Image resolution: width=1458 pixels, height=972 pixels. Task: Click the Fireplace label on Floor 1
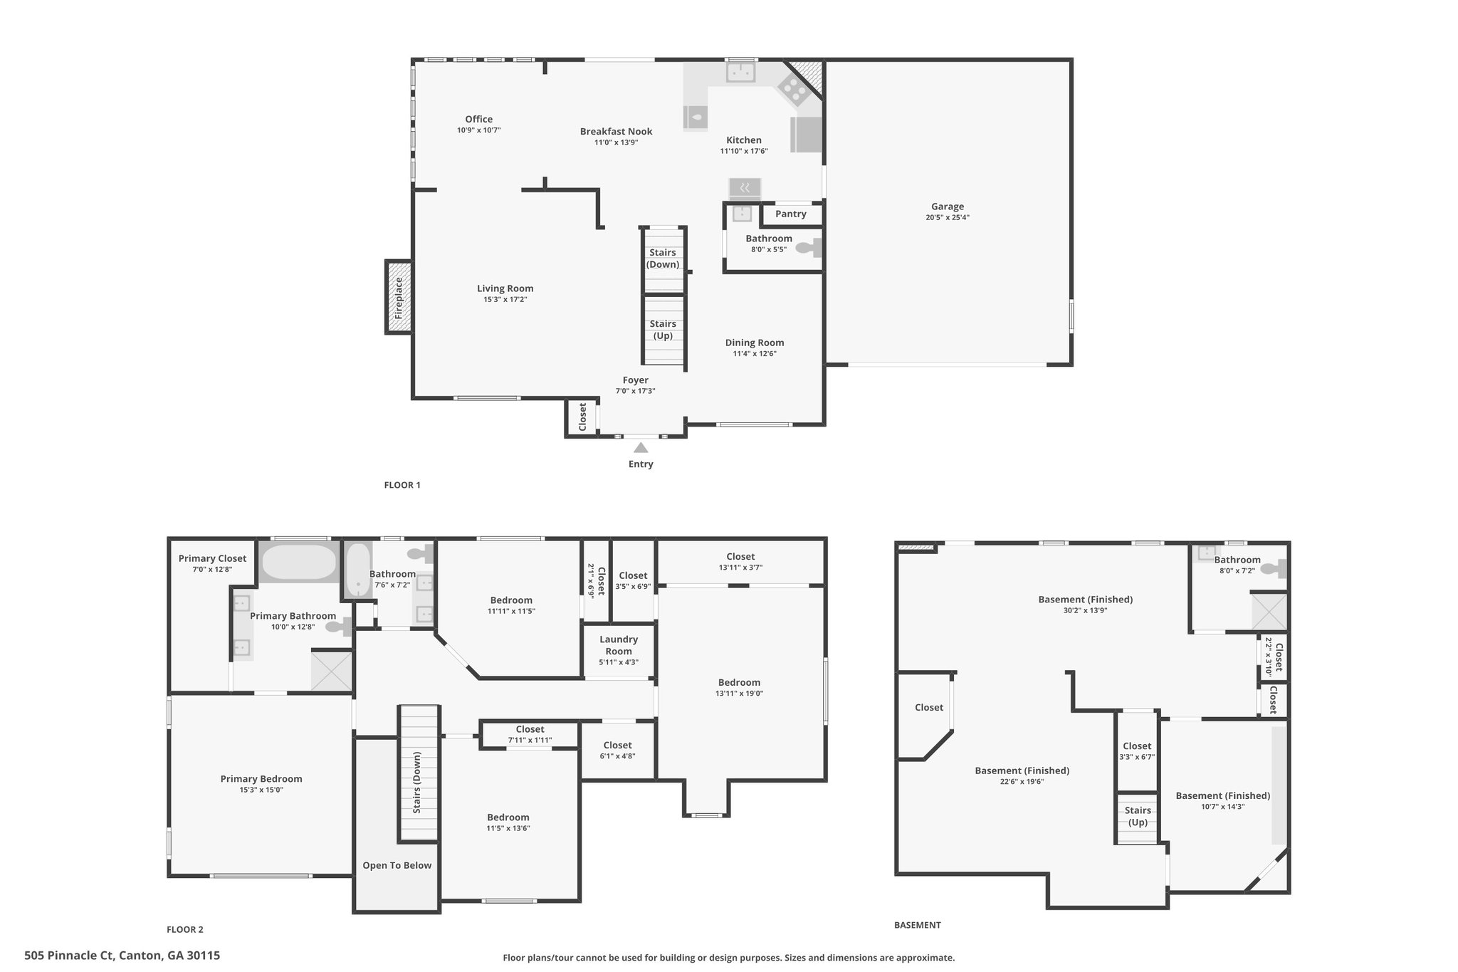399,298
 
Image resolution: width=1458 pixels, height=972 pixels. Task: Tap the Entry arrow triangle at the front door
641,448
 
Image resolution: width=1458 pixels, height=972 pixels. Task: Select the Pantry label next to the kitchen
791,214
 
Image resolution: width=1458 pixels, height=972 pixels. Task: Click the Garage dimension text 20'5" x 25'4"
948,218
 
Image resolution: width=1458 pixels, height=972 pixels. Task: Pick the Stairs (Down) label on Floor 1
663,258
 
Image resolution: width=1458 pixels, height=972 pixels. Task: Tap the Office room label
479,120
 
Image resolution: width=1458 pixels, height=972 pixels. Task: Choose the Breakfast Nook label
617,131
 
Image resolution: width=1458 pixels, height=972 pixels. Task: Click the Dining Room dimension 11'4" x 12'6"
755,354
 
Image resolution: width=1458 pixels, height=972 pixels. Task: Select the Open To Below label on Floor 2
397,865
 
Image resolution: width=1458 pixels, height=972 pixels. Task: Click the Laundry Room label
619,645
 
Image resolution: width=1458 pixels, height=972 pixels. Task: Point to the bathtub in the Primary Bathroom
299,563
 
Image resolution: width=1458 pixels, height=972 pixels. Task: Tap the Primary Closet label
213,558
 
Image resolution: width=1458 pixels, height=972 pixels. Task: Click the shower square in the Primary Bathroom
332,670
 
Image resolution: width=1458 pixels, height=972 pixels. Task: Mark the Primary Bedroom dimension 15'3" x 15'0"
261,790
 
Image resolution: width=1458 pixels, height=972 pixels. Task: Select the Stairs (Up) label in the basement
1138,816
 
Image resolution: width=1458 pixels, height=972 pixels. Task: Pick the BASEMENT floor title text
918,925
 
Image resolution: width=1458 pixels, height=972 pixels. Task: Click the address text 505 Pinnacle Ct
69,956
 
